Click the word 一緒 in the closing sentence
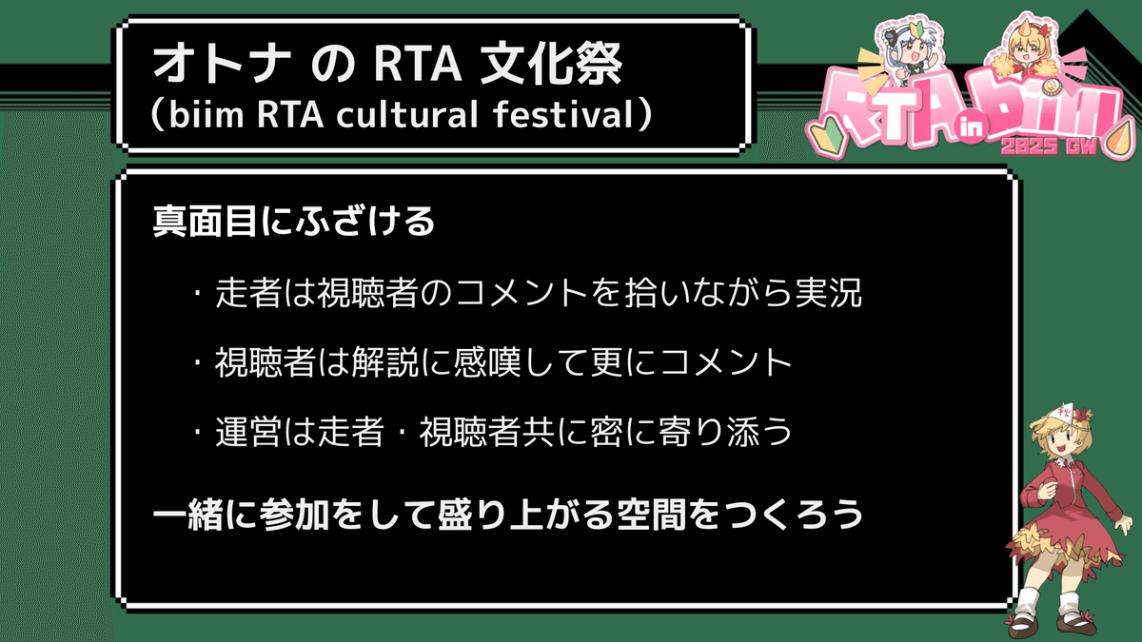click(187, 515)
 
